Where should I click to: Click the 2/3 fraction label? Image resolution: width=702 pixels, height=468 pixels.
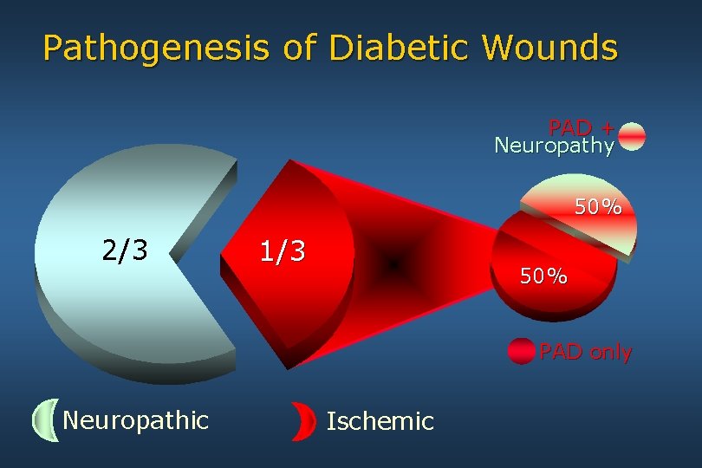coord(125,250)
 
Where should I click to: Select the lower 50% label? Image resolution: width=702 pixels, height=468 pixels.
coord(543,276)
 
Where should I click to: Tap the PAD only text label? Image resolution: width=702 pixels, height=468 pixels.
coord(586,352)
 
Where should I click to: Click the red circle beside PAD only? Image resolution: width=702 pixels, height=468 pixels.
coord(522,351)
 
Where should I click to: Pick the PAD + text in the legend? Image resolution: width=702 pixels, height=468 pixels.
coord(581,127)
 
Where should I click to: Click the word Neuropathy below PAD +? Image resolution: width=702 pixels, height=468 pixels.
coord(554,145)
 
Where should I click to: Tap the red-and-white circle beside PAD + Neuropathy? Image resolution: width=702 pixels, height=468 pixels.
coord(633,137)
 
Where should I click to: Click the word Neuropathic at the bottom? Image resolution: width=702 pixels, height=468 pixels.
coord(136,420)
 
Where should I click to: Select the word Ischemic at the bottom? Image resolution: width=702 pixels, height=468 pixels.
coord(380,421)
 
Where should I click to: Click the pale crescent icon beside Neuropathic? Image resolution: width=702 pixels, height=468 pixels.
coord(44,421)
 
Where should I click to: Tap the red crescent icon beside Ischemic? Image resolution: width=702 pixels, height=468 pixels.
coord(303,421)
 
